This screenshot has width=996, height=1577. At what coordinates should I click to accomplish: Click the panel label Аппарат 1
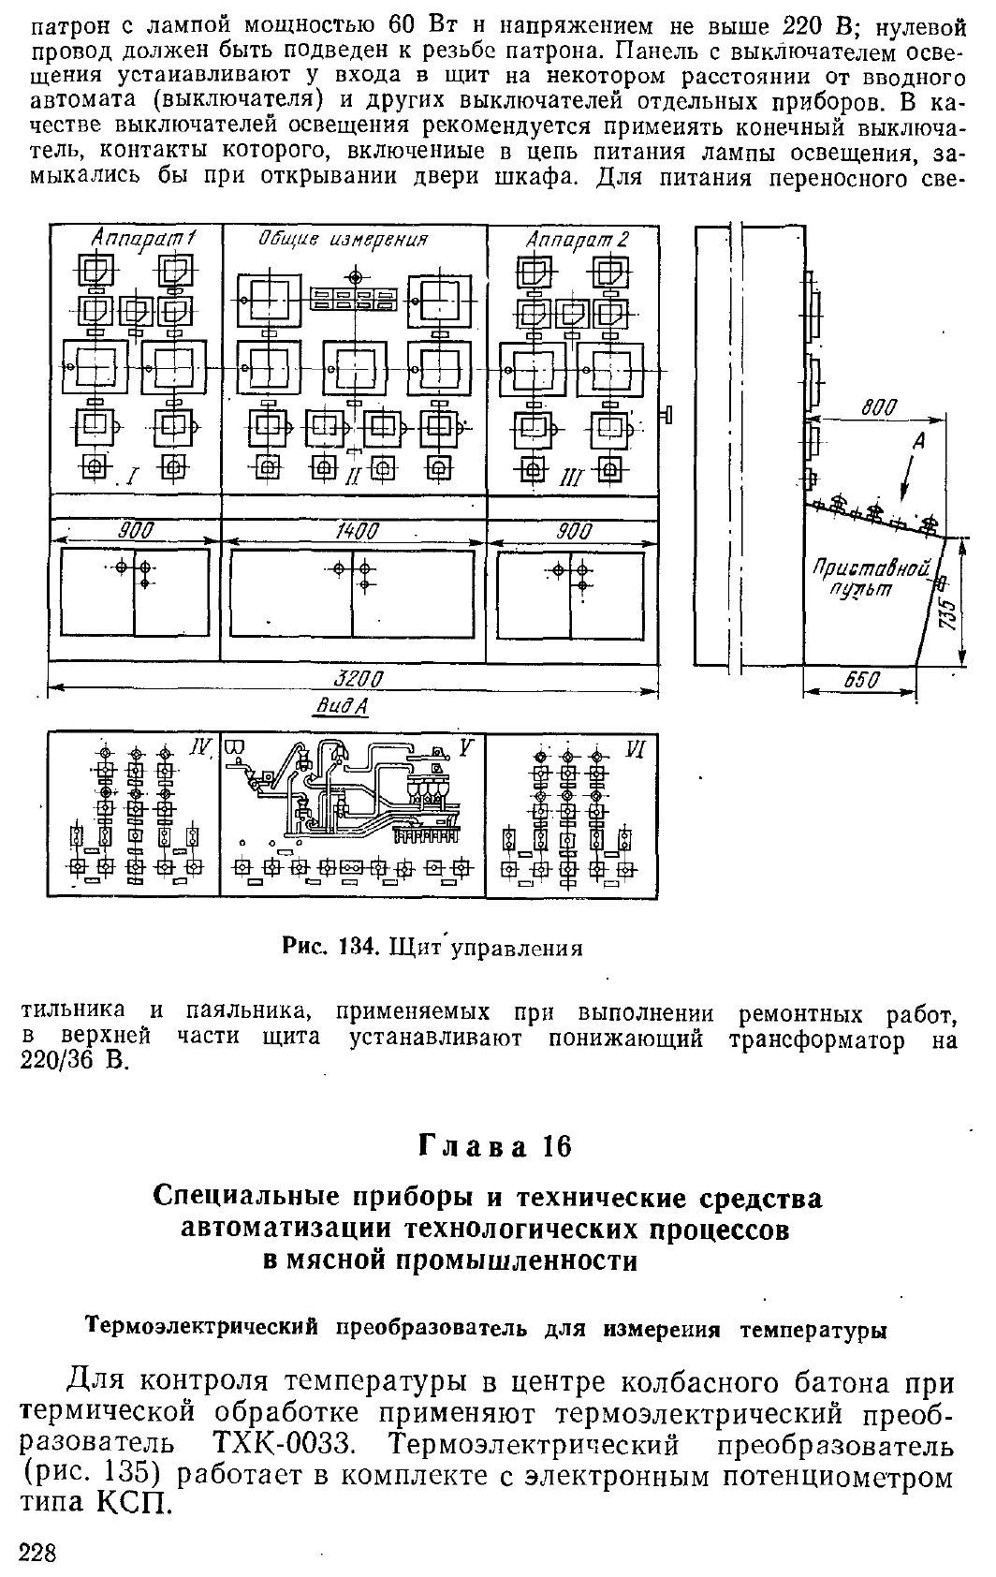click(144, 240)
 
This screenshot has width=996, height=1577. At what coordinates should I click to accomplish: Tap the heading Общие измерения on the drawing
click(343, 240)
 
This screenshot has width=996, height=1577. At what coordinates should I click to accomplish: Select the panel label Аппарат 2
click(578, 240)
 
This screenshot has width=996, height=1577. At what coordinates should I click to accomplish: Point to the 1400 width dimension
click(357, 532)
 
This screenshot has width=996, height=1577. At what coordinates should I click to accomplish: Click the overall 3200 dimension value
click(358, 679)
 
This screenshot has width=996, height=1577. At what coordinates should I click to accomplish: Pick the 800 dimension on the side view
click(879, 407)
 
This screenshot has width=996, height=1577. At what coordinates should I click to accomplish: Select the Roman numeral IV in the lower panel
click(199, 748)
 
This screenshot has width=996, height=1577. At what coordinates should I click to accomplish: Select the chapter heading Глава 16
click(495, 1147)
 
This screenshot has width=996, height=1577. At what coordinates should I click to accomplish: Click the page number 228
click(37, 1552)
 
